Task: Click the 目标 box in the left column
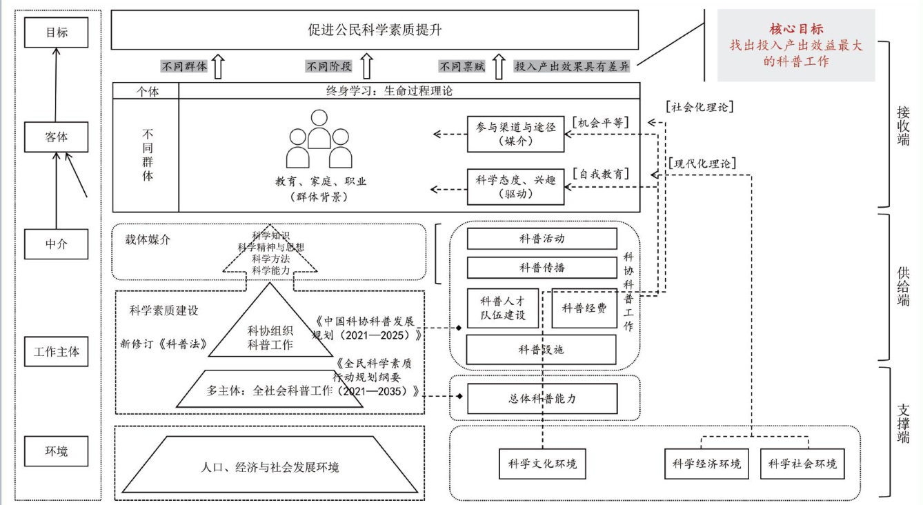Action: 56,32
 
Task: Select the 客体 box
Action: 56,137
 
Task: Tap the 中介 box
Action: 56,244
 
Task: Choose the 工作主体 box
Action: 56,352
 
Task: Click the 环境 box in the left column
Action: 56,452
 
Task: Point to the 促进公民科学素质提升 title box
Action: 375,30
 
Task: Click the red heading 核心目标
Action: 796,29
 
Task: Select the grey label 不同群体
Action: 184,67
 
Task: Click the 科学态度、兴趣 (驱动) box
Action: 515,186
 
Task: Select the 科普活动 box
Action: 542,239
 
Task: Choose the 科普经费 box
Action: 584,308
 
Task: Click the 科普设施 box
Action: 541,350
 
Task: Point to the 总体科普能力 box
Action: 542,399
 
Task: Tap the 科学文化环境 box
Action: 542,464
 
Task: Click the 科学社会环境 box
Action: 802,464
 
